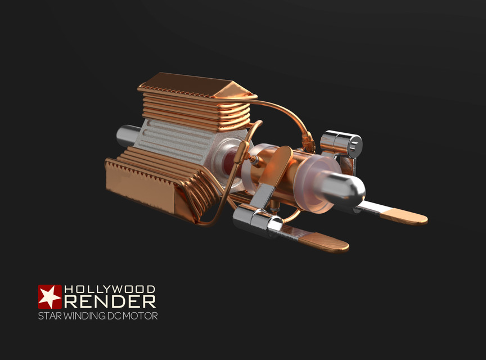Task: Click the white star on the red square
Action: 49,296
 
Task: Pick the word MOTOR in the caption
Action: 141,316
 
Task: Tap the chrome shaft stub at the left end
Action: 125,134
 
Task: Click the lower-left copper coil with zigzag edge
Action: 152,180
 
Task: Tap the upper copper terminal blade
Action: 402,215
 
